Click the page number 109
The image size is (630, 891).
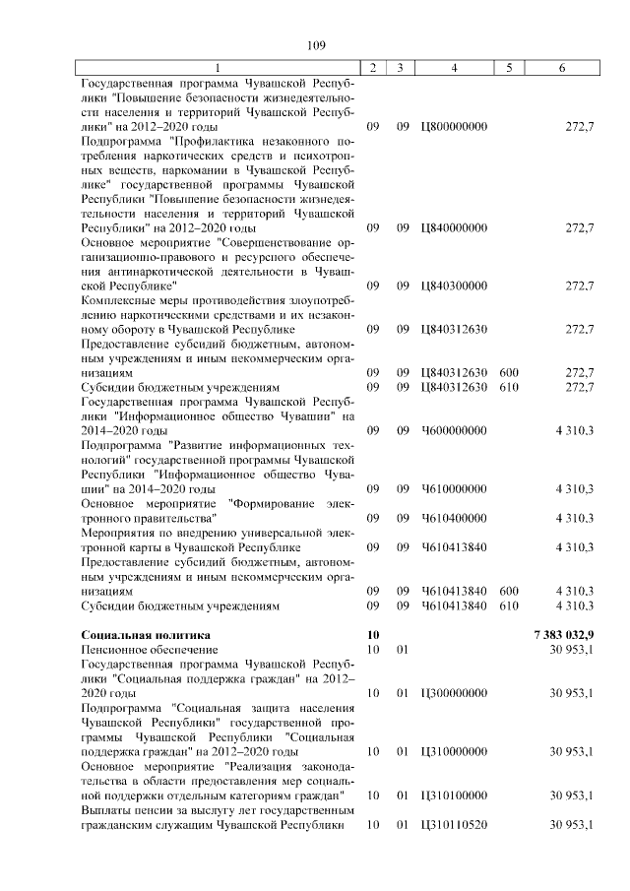click(x=315, y=45)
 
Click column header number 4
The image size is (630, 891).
click(x=453, y=67)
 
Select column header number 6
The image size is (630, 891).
click(x=561, y=67)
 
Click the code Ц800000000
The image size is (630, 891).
click(x=453, y=127)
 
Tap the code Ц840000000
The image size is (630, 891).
click(x=453, y=227)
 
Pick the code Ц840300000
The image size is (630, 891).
click(x=453, y=286)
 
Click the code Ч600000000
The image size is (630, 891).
click(x=453, y=430)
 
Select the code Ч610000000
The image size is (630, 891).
click(x=453, y=488)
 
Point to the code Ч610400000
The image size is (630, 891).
click(x=453, y=517)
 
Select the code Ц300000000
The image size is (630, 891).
click(x=453, y=693)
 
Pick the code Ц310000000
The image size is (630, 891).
click(x=453, y=751)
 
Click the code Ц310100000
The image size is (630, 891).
click(x=453, y=795)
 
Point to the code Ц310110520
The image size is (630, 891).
click(x=453, y=824)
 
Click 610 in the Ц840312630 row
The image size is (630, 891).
click(x=509, y=387)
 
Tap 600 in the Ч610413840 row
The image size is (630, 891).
click(x=509, y=591)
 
